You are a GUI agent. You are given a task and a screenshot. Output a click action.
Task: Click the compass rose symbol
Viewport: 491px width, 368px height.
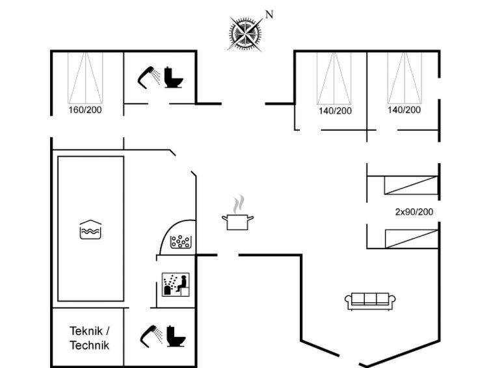[246, 33]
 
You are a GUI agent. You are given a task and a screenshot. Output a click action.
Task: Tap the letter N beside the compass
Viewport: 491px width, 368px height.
[269, 14]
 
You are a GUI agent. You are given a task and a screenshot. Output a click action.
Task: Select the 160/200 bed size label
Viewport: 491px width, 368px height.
[85, 110]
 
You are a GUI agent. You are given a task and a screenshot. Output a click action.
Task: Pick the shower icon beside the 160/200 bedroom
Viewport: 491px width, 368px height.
[149, 76]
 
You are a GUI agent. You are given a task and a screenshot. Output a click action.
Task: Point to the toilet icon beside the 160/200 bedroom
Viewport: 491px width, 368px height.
[174, 77]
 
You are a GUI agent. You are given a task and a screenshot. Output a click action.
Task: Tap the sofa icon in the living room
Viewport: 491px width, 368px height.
[370, 300]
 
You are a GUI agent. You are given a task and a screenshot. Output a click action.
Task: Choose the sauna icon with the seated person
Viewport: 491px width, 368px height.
[176, 285]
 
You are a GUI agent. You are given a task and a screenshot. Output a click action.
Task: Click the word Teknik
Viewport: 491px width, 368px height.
[89, 331]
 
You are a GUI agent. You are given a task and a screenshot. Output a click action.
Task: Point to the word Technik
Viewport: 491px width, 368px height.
[89, 345]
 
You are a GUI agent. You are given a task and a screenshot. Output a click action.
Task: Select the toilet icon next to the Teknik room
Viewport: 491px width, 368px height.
[174, 336]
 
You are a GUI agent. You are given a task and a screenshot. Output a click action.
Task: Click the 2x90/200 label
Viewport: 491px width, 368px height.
[414, 212]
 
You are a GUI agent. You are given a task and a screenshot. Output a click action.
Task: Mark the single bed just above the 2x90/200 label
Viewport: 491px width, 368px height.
[411, 185]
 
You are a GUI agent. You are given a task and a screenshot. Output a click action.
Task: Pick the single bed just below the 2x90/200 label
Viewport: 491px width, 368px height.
[411, 238]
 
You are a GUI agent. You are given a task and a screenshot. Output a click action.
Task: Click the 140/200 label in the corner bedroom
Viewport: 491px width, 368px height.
[405, 110]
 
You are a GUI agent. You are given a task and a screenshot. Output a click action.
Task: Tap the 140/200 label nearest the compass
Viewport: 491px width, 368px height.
[335, 111]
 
